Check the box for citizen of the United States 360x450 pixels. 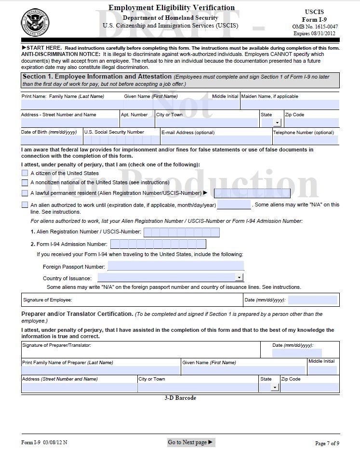pos(25,173)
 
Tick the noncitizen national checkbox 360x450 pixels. pos(25,183)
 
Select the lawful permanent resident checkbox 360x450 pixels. pos(25,193)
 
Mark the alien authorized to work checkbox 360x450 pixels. pos(25,205)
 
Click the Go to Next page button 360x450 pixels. pos(191,442)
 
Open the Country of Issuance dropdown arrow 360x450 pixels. pos(239,277)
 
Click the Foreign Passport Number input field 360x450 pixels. pos(175,266)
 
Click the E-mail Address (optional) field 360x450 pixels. pos(215,140)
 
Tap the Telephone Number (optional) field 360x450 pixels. pos(306,140)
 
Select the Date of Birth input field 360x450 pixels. pos(52,140)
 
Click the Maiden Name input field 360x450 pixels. pos(289,105)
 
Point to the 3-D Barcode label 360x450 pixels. pos(180,398)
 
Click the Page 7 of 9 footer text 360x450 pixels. pos(327,443)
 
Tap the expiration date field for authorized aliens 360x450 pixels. pos(234,205)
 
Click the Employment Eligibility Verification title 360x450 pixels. pos(172,8)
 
